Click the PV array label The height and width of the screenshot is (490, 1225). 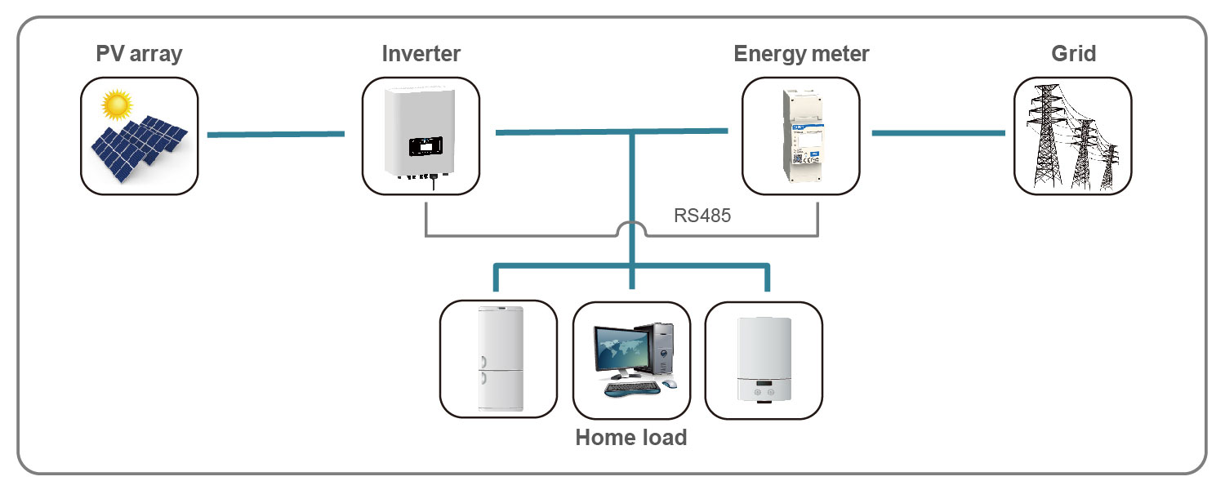pyautogui.click(x=139, y=55)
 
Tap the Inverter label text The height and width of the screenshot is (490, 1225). pyautogui.click(x=421, y=55)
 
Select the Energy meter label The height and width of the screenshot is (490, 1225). pyautogui.click(x=801, y=55)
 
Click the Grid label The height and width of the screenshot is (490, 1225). pyautogui.click(x=1073, y=55)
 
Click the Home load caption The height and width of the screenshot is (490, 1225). pyautogui.click(x=631, y=438)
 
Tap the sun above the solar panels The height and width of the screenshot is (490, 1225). pyautogui.click(x=117, y=104)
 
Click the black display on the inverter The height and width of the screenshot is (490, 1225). pyautogui.click(x=425, y=147)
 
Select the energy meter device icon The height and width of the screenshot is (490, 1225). pyautogui.click(x=800, y=135)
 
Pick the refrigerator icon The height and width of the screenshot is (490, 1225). pyautogui.click(x=497, y=359)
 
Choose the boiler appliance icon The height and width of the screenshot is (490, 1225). pyautogui.click(x=764, y=359)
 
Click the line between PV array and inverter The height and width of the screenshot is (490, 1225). pyautogui.click(x=276, y=133)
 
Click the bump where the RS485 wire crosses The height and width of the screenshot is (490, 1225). pyautogui.click(x=632, y=229)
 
